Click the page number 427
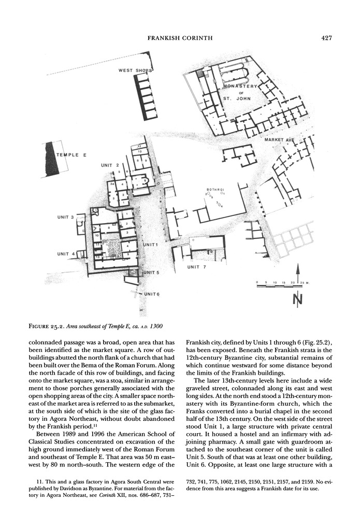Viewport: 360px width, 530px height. (x=325, y=38)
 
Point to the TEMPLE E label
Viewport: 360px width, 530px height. (x=70, y=155)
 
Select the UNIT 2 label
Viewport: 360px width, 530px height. (x=110, y=165)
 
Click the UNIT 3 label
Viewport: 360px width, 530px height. (x=65, y=217)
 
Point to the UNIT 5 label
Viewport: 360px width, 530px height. (x=151, y=272)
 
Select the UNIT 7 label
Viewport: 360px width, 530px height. (x=197, y=267)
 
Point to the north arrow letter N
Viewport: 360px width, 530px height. (x=298, y=299)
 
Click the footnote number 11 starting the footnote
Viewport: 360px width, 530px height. (x=32, y=482)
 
